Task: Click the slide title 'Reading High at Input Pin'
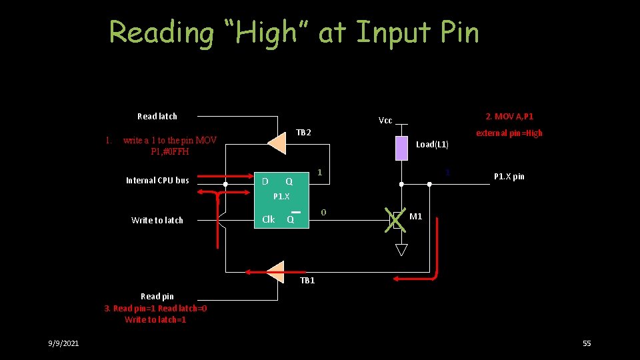click(x=294, y=32)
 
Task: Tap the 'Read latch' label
click(x=157, y=117)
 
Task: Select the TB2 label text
click(x=303, y=133)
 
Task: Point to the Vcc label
click(x=385, y=121)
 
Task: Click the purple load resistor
click(x=401, y=148)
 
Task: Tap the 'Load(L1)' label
click(x=432, y=145)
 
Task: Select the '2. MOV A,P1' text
click(x=509, y=117)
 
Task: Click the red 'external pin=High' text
click(x=509, y=133)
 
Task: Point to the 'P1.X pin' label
click(x=509, y=177)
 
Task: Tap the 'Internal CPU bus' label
click(x=157, y=181)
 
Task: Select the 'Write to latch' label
click(x=157, y=221)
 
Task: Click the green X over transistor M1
click(x=396, y=219)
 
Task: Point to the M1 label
click(x=415, y=217)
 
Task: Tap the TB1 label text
click(x=307, y=281)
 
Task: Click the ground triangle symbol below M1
click(x=401, y=250)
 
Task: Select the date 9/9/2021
click(x=63, y=343)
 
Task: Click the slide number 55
click(x=587, y=343)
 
